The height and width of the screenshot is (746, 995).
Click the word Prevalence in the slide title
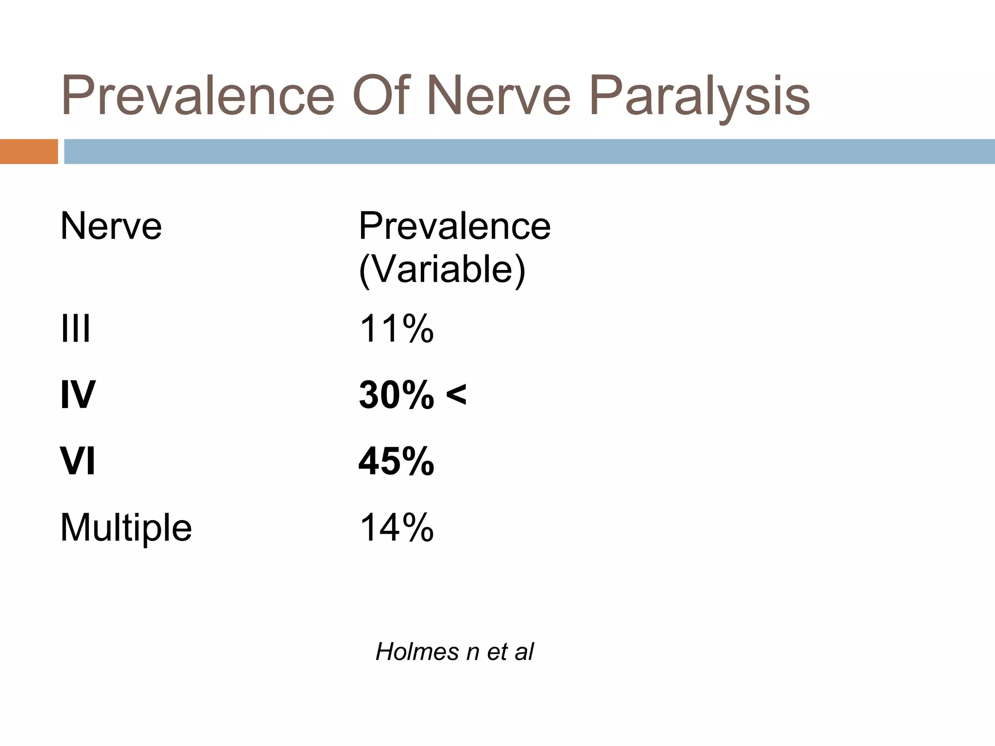point(198,96)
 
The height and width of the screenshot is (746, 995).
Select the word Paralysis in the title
point(699,96)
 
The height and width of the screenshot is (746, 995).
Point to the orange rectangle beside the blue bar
point(29,152)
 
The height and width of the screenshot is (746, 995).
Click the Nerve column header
point(111,226)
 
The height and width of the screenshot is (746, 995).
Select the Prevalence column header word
point(454,226)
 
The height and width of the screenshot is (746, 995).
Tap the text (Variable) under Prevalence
point(442,269)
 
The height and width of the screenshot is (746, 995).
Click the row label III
point(75,329)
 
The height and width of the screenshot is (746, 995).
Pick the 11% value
point(396,329)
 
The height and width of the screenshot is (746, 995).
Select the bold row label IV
point(78,395)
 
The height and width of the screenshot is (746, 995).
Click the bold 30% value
point(396,395)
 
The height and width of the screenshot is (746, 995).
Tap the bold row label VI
point(78,461)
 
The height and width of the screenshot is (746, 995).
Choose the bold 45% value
point(396,461)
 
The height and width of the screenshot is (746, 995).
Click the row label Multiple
point(126,528)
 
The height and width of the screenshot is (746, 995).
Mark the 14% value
point(396,528)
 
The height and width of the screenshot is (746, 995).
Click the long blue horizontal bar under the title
point(529,152)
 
